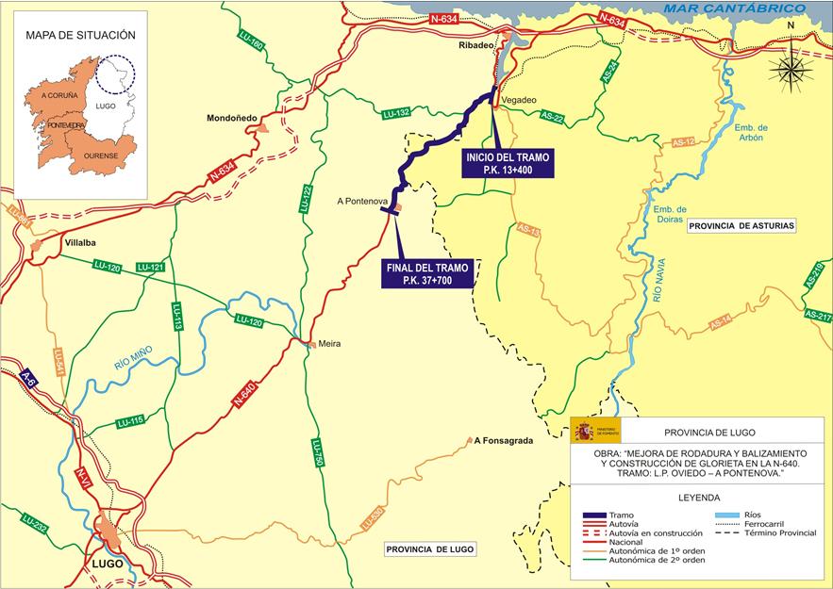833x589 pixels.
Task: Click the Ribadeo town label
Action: coord(475,45)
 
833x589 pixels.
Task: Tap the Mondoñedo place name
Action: coord(232,118)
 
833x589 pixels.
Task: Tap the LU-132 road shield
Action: coord(396,113)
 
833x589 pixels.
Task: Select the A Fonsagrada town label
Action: coord(507,440)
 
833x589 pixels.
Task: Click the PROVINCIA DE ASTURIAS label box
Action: coord(741,226)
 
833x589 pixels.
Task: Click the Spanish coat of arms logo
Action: coord(584,432)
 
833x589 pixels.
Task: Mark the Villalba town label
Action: coord(81,242)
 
